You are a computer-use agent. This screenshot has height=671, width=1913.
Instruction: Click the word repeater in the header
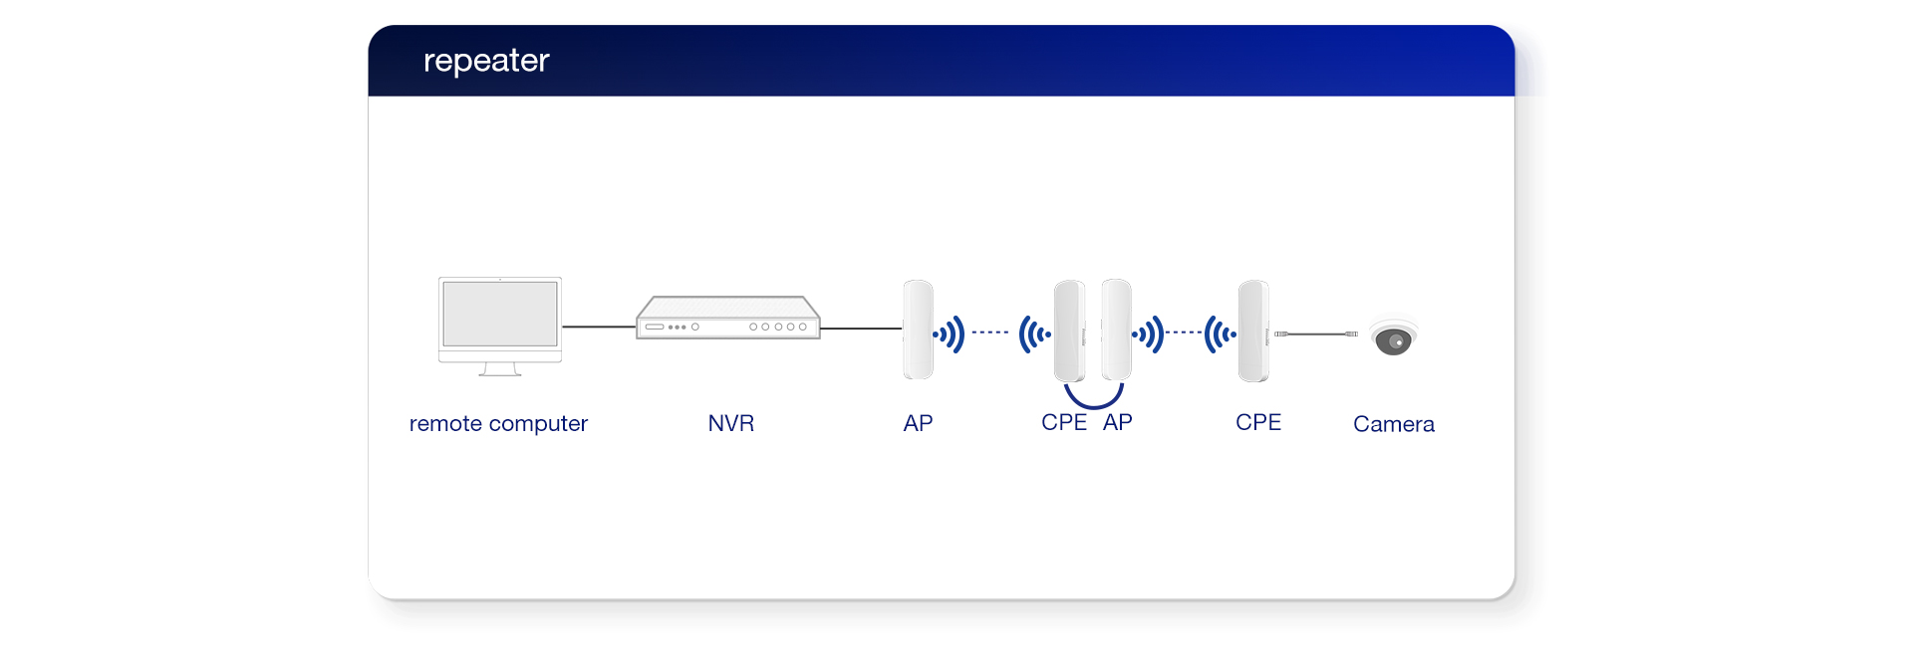(486, 61)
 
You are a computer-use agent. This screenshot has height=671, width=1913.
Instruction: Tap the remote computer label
(498, 423)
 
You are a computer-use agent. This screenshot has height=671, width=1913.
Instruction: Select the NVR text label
(730, 423)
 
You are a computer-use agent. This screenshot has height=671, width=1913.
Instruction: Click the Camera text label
(1393, 424)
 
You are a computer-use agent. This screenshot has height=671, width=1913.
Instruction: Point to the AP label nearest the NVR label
(918, 423)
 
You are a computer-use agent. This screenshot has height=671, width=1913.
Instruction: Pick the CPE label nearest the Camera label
(1257, 422)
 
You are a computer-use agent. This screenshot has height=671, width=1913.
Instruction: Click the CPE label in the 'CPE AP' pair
(1063, 422)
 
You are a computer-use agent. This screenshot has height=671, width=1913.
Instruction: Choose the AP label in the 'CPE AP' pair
(1117, 422)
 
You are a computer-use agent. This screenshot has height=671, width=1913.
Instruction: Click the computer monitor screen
(500, 313)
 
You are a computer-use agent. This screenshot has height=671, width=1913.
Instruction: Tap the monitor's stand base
(500, 372)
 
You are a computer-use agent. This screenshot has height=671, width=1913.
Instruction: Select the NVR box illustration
(728, 318)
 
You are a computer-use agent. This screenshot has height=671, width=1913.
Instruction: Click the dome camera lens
(1394, 341)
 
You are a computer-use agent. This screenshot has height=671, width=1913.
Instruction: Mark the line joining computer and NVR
(599, 327)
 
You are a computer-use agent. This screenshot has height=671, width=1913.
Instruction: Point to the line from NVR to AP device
(861, 328)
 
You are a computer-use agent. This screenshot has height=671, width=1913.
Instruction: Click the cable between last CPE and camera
(1315, 335)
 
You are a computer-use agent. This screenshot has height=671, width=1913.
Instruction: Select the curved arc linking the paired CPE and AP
(1093, 400)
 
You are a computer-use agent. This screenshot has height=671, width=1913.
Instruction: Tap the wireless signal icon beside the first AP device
(950, 335)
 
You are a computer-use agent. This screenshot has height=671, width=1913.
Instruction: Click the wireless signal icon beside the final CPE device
(1220, 335)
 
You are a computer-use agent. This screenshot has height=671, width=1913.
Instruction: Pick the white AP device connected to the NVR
(918, 330)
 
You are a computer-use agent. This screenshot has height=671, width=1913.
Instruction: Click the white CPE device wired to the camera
(1253, 331)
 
